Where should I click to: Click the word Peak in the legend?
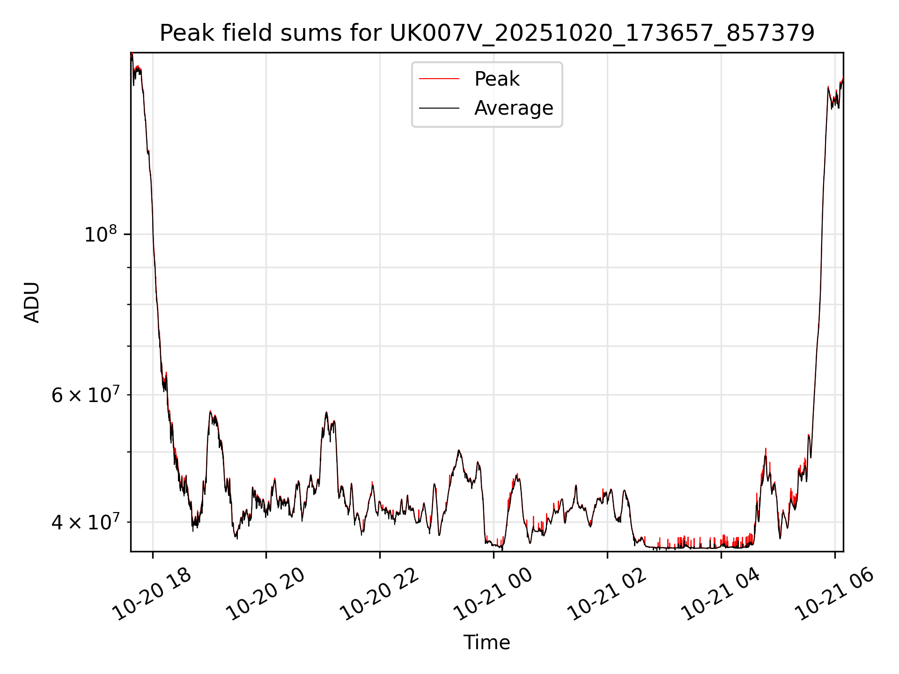[497, 79]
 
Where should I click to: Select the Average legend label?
[514, 108]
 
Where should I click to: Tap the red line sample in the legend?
[439, 79]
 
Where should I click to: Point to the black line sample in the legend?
[439, 108]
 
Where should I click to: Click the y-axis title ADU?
[32, 302]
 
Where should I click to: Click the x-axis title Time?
[486, 643]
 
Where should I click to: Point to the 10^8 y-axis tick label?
[100, 234]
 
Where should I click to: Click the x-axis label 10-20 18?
[153, 594]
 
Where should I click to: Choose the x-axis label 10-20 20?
[266, 594]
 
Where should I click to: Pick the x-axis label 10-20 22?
[380, 594]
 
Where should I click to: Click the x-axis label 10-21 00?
[494, 594]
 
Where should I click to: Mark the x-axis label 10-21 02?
[607, 594]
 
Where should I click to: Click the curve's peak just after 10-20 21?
[326, 413]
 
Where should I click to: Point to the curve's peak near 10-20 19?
[211, 411]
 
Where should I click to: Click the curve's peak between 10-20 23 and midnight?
[459, 450]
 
